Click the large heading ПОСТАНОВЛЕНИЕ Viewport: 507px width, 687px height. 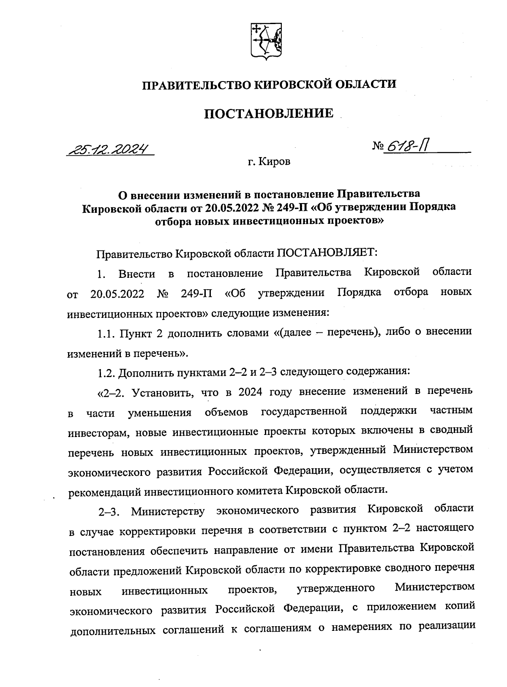point(269,113)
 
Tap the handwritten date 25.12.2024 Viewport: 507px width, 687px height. point(111,149)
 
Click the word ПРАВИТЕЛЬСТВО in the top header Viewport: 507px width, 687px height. point(198,84)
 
